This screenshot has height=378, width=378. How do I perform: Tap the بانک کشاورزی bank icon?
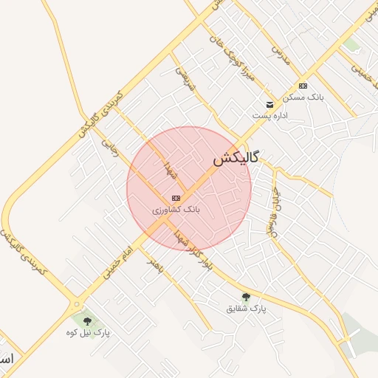[176, 198]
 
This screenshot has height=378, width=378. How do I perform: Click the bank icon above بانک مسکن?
[303, 86]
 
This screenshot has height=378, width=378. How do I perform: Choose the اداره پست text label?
[269, 116]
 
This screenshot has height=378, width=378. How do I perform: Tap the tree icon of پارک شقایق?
[246, 297]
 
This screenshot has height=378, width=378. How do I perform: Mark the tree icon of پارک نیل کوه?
[88, 321]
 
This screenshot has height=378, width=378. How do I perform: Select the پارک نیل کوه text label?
[91, 333]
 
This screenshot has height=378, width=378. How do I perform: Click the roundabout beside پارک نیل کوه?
[76, 303]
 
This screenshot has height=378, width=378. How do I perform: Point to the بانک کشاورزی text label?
[176, 210]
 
